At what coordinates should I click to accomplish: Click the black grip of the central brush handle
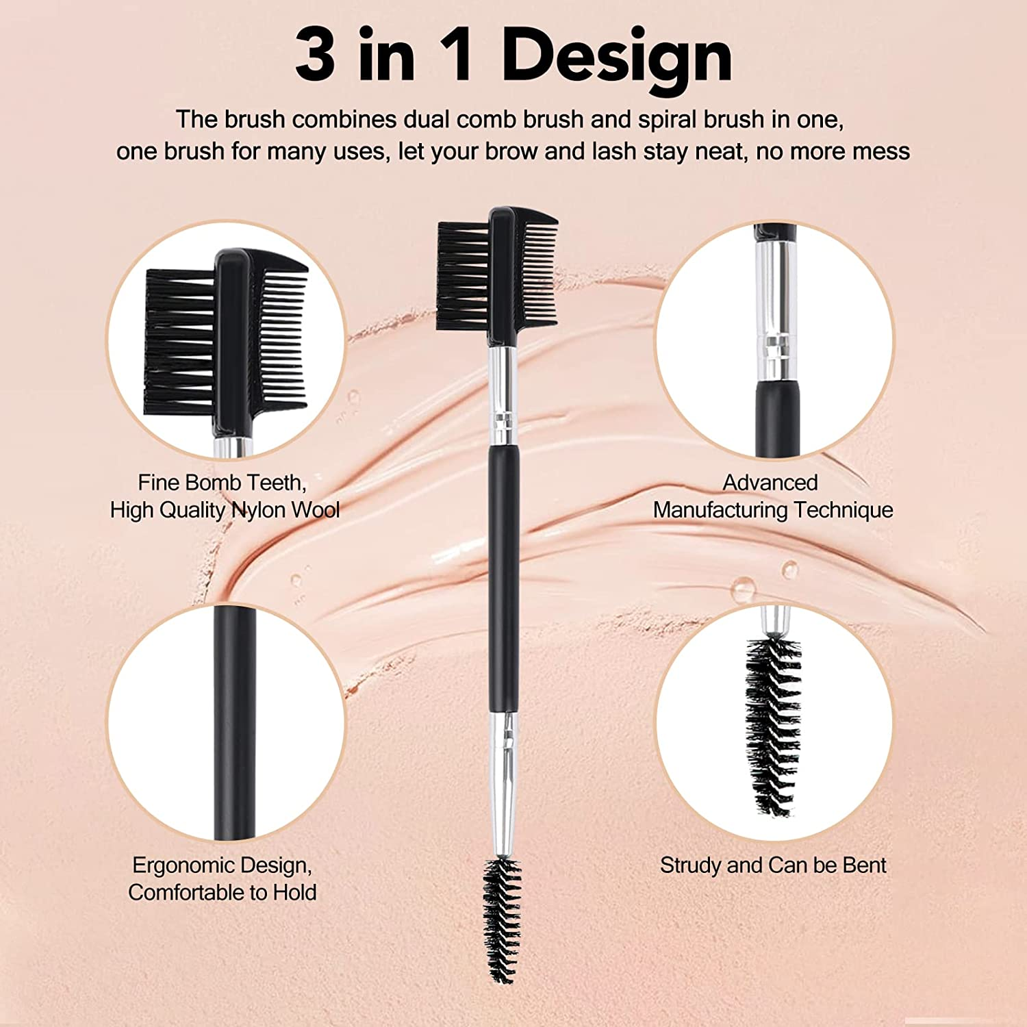(x=503, y=575)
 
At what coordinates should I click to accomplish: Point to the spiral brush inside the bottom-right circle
(x=772, y=726)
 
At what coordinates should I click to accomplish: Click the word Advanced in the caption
(x=770, y=483)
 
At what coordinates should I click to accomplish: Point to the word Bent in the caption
(x=864, y=866)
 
